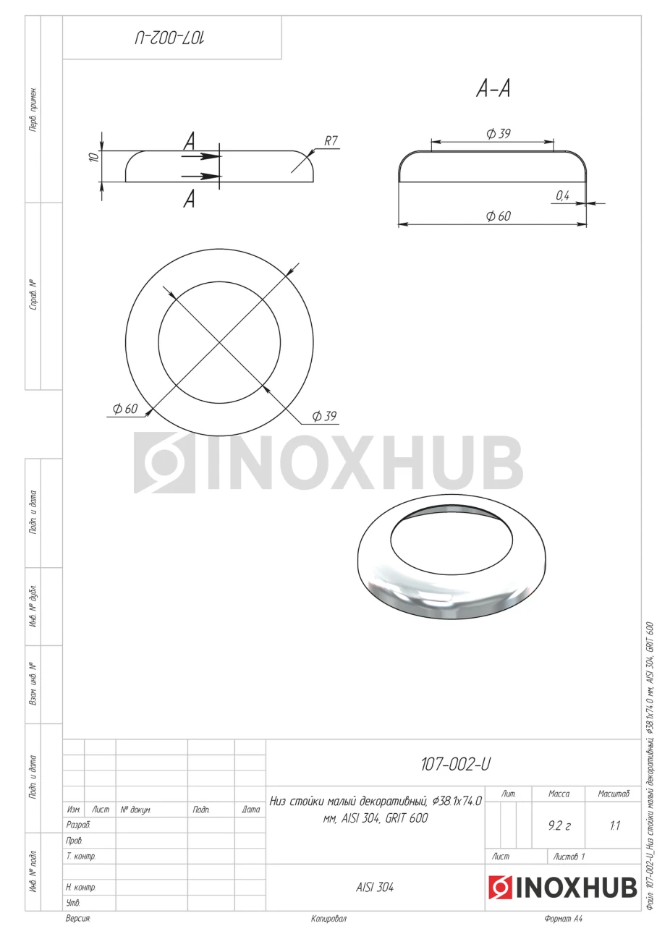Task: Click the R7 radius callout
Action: click(x=331, y=141)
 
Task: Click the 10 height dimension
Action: click(x=94, y=157)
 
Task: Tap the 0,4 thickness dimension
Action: click(x=562, y=195)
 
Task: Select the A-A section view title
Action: click(x=493, y=88)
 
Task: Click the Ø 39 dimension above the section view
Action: click(x=499, y=134)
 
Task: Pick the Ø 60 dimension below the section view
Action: click(x=499, y=216)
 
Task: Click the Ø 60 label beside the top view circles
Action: click(x=125, y=409)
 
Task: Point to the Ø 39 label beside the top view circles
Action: click(x=324, y=416)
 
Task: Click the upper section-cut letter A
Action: click(x=189, y=141)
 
